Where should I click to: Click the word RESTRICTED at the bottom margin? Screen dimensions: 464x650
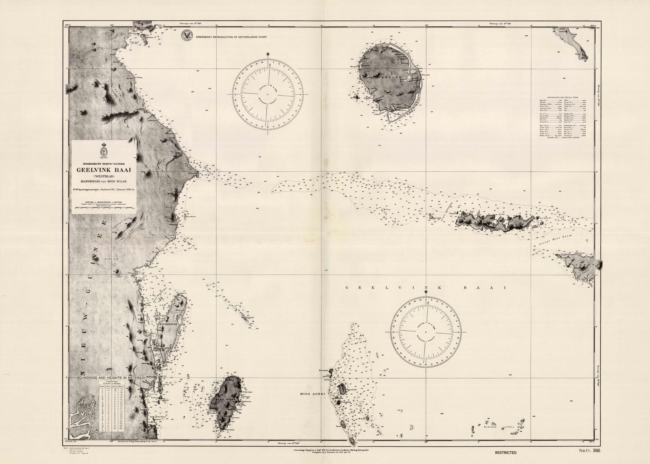pyautogui.click(x=506, y=452)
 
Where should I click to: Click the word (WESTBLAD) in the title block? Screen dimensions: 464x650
pyautogui.click(x=103, y=176)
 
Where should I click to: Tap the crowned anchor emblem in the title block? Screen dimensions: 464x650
pyautogui.click(x=103, y=152)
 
